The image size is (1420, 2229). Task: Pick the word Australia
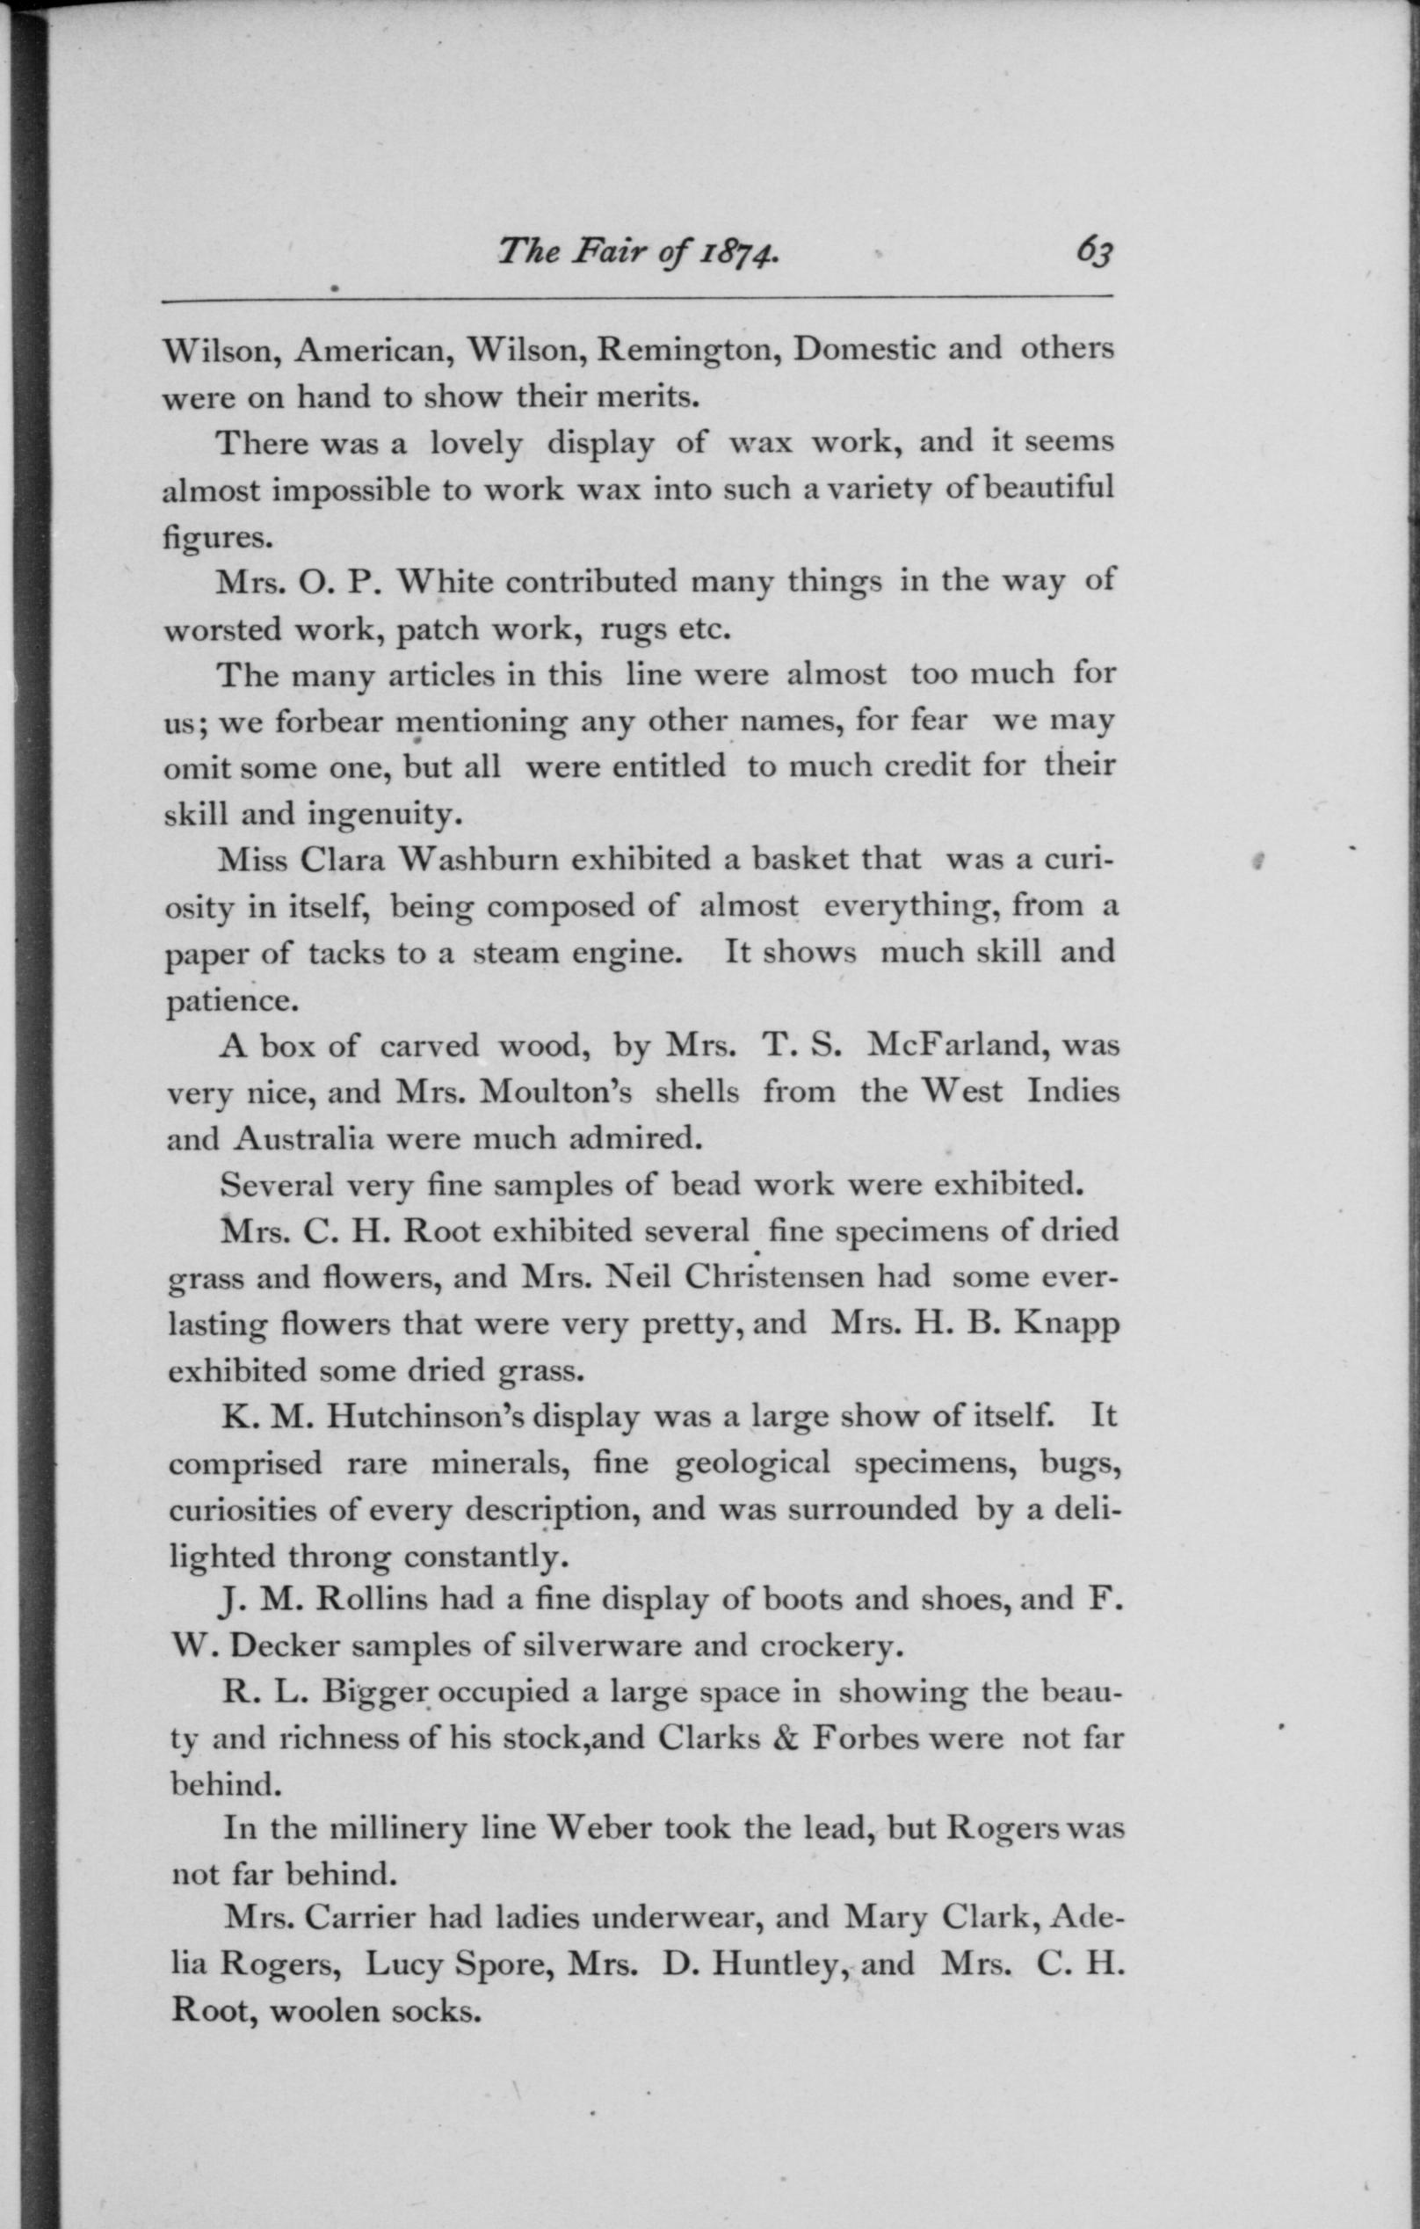click(x=304, y=1138)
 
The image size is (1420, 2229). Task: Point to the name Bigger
click(x=376, y=1692)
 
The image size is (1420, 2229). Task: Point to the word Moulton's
click(x=555, y=1093)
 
